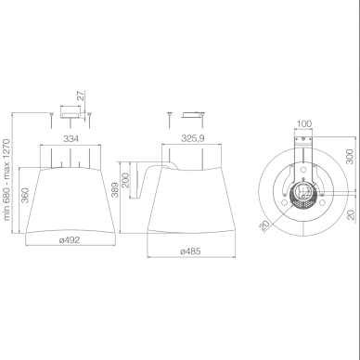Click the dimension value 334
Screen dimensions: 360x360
pos(71,139)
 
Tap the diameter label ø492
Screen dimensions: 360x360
pos(70,239)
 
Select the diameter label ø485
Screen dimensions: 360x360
pos(190,251)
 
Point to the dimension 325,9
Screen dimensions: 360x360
pos(193,138)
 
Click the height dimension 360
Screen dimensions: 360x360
pos(25,195)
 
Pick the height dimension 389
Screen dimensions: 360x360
pos(115,190)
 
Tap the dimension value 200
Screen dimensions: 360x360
pos(125,180)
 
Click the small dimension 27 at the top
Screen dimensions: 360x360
pos(81,96)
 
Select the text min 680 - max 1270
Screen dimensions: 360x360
pos(7,180)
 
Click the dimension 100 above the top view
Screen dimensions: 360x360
pos(304,124)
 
